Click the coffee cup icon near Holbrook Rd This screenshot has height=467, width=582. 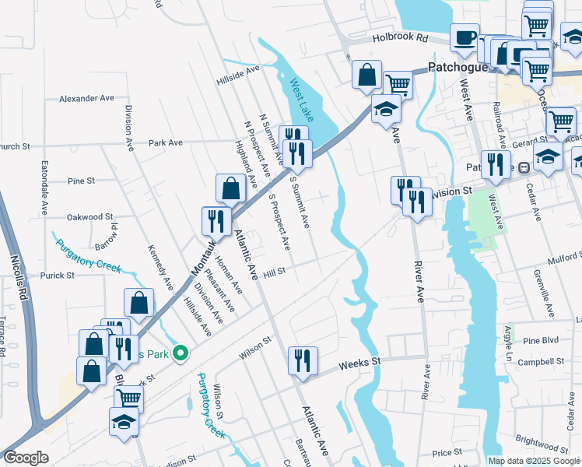coord(465,37)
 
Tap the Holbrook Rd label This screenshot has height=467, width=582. coord(400,37)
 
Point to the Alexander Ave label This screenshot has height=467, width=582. coord(87,99)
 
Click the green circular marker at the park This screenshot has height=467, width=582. coord(181,354)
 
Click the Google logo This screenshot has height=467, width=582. coord(26,457)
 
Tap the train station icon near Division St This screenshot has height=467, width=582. coord(524,167)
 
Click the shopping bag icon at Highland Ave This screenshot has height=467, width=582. coord(230,189)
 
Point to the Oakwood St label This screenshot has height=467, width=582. coord(90,217)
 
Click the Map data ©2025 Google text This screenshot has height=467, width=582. coord(534,461)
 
